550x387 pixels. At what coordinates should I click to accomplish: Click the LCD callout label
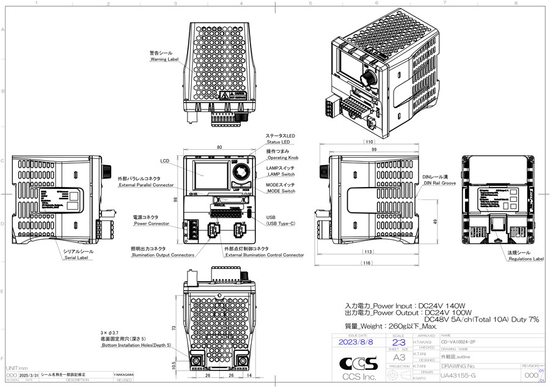click(165, 161)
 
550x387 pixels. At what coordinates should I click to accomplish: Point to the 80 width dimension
click(219, 147)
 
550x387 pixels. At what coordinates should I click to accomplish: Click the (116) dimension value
click(367, 263)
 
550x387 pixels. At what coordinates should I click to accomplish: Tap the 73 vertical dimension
click(174, 328)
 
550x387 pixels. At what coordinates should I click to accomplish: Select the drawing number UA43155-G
click(458, 375)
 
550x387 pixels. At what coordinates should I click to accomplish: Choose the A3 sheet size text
click(398, 357)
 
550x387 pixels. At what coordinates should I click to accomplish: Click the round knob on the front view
click(240, 169)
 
